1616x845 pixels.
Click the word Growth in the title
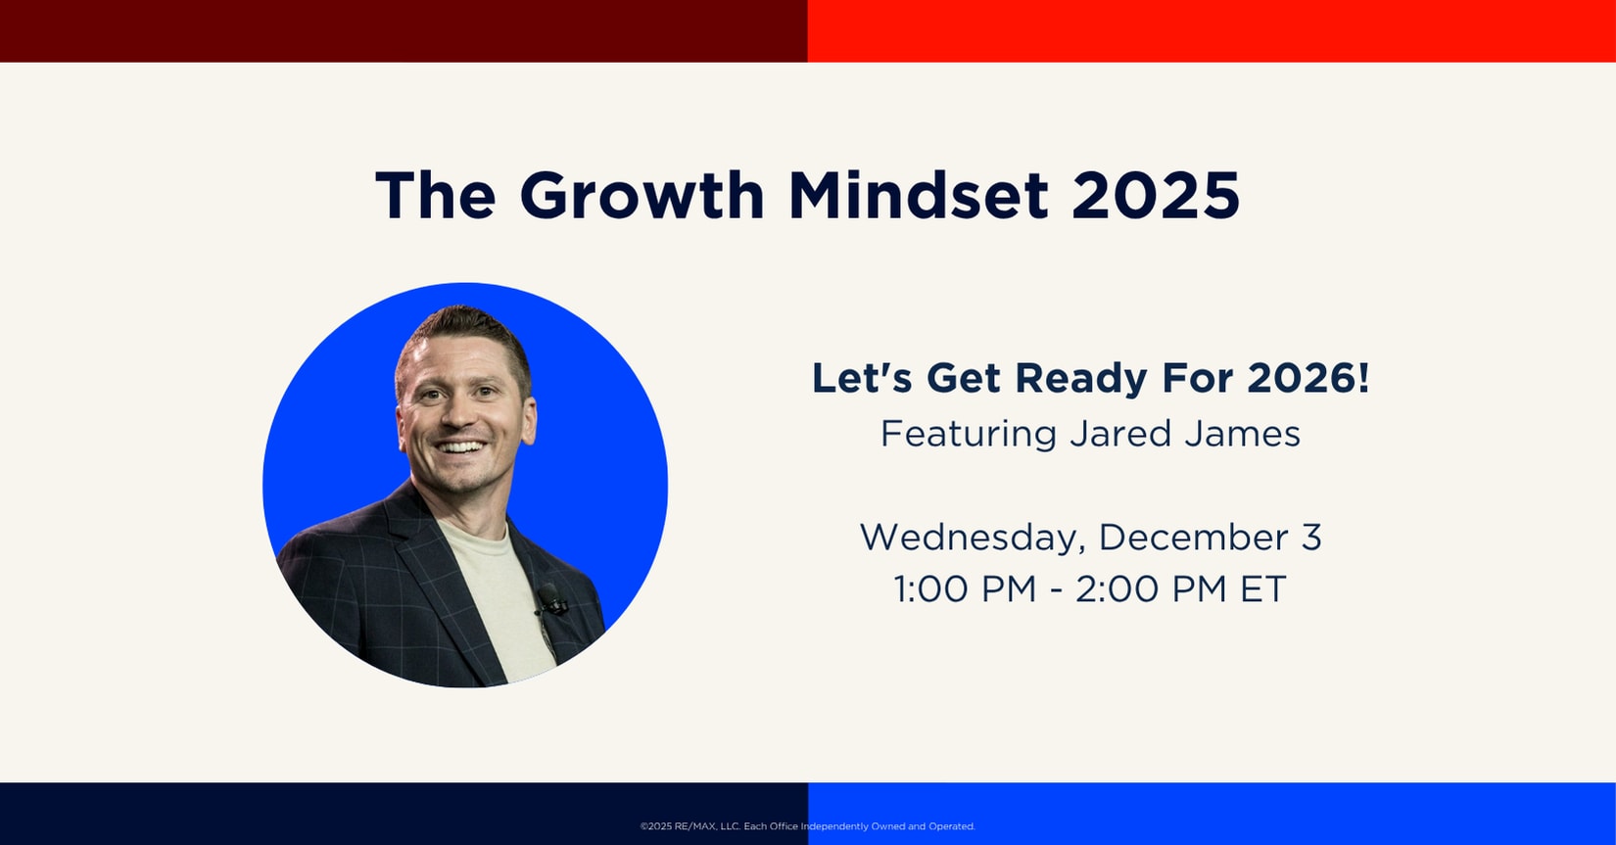tap(642, 195)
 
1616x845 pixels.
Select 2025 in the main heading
tap(1156, 195)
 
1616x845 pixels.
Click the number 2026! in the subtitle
tap(1307, 378)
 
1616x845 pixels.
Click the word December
tap(1193, 538)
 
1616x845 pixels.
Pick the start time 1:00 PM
tap(966, 589)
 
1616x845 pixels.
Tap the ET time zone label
tap(1262, 589)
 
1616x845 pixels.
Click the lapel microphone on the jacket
tap(549, 599)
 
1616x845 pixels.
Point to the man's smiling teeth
tap(461, 447)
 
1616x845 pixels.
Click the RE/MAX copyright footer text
tap(807, 826)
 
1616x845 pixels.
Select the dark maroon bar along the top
tap(404, 31)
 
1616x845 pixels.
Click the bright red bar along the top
tap(1212, 31)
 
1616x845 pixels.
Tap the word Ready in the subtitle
tap(1080, 379)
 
